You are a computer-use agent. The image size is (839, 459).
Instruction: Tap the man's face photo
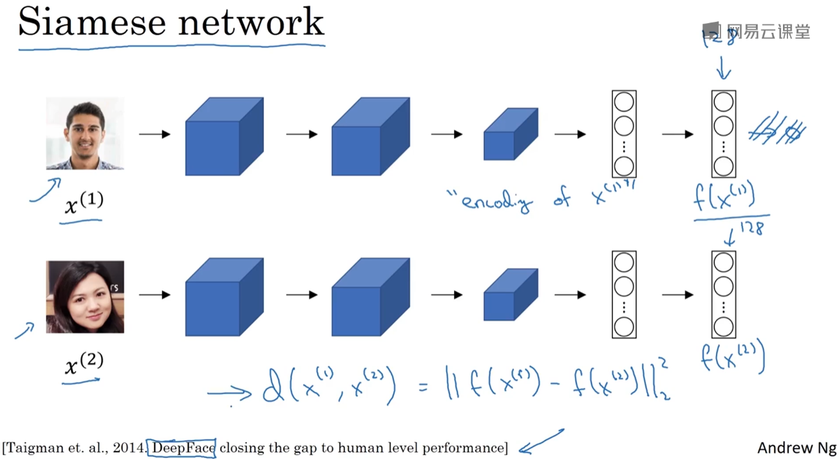(85, 133)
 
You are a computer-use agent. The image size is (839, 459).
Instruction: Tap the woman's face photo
(85, 297)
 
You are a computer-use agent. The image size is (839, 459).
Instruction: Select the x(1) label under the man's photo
(84, 204)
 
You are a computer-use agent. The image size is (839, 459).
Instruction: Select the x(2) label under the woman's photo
(84, 365)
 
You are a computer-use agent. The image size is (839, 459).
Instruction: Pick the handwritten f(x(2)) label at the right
(733, 357)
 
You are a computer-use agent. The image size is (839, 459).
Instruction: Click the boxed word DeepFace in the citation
(182, 447)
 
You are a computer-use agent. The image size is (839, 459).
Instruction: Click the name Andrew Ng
(797, 447)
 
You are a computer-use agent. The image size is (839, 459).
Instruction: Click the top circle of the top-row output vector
(723, 102)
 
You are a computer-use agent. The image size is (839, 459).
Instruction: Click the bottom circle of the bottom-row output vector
(723, 327)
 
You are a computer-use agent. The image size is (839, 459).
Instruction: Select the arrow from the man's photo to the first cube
(155, 134)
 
